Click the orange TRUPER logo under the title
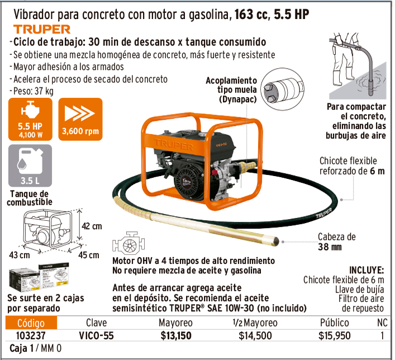click(x=42, y=29)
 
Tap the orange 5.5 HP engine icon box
click(x=30, y=119)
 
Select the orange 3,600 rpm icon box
click(x=80, y=119)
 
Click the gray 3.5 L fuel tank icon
click(x=30, y=165)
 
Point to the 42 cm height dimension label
click(x=92, y=226)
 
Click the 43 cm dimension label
click(x=20, y=255)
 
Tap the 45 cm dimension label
click(x=89, y=255)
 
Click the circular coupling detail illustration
click(x=282, y=89)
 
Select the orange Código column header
click(x=31, y=323)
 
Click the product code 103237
click(x=31, y=336)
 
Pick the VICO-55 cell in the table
click(x=96, y=336)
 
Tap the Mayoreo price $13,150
click(x=176, y=336)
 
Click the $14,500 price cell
click(x=255, y=336)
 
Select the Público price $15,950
click(x=334, y=336)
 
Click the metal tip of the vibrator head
click(x=275, y=241)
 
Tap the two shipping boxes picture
click(x=39, y=277)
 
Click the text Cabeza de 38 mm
click(x=336, y=241)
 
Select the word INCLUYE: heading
click(x=367, y=270)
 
